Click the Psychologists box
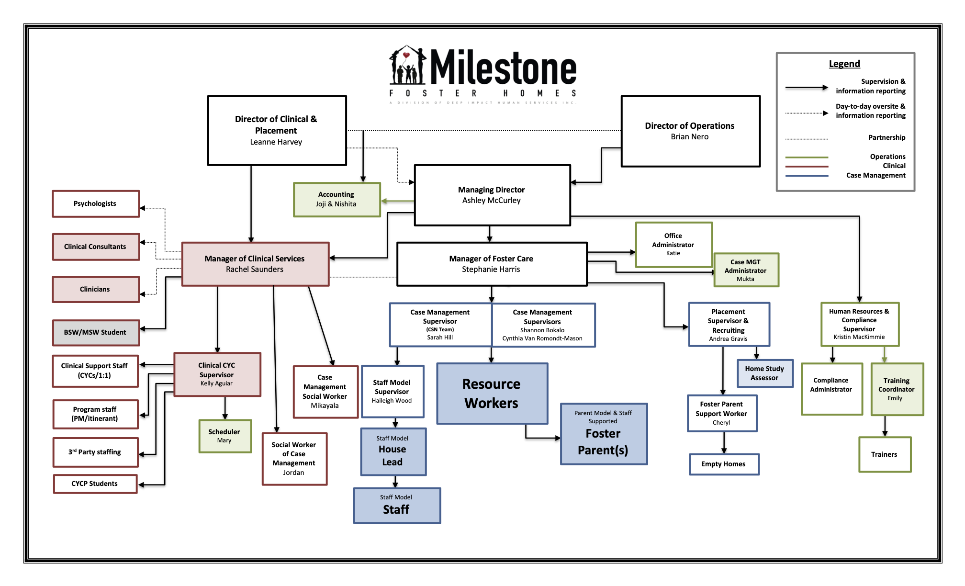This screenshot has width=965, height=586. pos(96,204)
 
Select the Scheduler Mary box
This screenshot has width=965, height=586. pos(225,436)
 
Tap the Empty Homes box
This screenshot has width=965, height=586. pos(724,464)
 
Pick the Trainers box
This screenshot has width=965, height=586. pos(885,454)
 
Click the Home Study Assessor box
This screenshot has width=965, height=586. pos(764,373)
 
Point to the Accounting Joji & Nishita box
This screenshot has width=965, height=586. pos(337,200)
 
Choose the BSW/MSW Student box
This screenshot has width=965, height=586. pos(96,333)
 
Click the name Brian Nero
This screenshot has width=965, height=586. pos(690,137)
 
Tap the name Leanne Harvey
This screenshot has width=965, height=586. pos(276,142)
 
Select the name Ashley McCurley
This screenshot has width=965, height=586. pos(492,201)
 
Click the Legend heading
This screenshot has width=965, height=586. pos(844,64)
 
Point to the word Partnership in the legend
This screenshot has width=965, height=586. pos(886,138)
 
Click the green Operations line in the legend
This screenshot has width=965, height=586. pos(807,157)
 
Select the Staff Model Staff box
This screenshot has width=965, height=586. pos(397,506)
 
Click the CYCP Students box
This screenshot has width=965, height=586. pos(95,484)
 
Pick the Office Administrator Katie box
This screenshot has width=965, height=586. pos(673,245)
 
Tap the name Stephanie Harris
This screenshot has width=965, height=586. pos(491,270)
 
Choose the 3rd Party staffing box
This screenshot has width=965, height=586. pos(96,452)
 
